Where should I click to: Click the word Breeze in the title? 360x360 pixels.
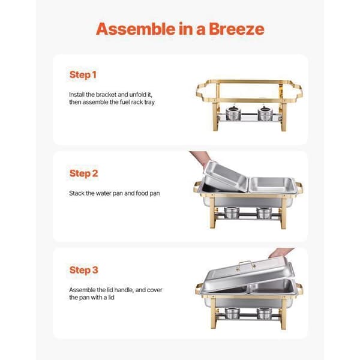tap(236, 29)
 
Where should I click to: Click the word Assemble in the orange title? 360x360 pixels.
tap(136, 29)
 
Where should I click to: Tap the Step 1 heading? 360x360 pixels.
tap(83, 74)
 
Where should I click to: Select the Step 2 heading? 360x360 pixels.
tap(84, 173)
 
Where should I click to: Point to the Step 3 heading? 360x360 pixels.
tap(84, 270)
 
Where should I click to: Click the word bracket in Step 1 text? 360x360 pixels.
tap(106, 95)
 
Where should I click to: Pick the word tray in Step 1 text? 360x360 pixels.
tap(149, 102)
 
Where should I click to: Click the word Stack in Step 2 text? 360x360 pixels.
tap(77, 193)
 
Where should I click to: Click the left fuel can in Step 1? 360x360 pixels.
tap(233, 113)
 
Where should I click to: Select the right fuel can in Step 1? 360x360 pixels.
tap(265, 113)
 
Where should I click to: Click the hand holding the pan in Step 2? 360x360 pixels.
tap(201, 158)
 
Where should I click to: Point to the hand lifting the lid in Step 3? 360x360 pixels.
tap(281, 253)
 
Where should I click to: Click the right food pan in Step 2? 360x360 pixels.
tap(272, 184)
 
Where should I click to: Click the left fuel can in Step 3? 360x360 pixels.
tap(232, 313)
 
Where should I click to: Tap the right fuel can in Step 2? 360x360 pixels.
tap(265, 213)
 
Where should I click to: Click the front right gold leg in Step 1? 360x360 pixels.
tap(284, 117)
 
